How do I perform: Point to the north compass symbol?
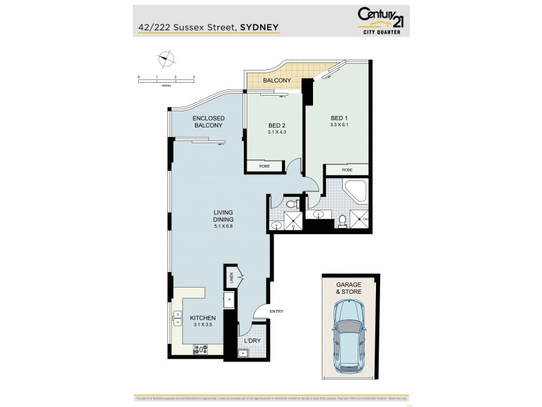164,59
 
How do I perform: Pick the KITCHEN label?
202,317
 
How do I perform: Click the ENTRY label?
276,311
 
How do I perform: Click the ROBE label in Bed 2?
259,165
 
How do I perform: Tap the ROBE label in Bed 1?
347,170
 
